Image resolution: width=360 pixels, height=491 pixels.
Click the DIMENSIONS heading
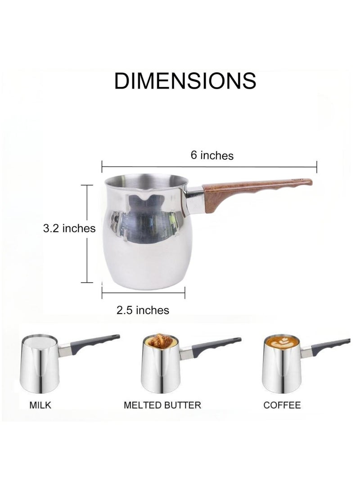tap(185, 81)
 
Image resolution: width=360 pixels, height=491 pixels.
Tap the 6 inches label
tap(212, 155)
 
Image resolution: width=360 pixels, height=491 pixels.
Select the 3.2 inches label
tap(69, 228)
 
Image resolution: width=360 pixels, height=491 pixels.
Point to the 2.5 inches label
tap(143, 310)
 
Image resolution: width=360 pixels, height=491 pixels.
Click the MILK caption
tap(40, 405)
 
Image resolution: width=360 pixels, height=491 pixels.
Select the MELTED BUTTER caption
tap(162, 405)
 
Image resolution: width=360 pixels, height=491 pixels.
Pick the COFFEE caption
tap(282, 405)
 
